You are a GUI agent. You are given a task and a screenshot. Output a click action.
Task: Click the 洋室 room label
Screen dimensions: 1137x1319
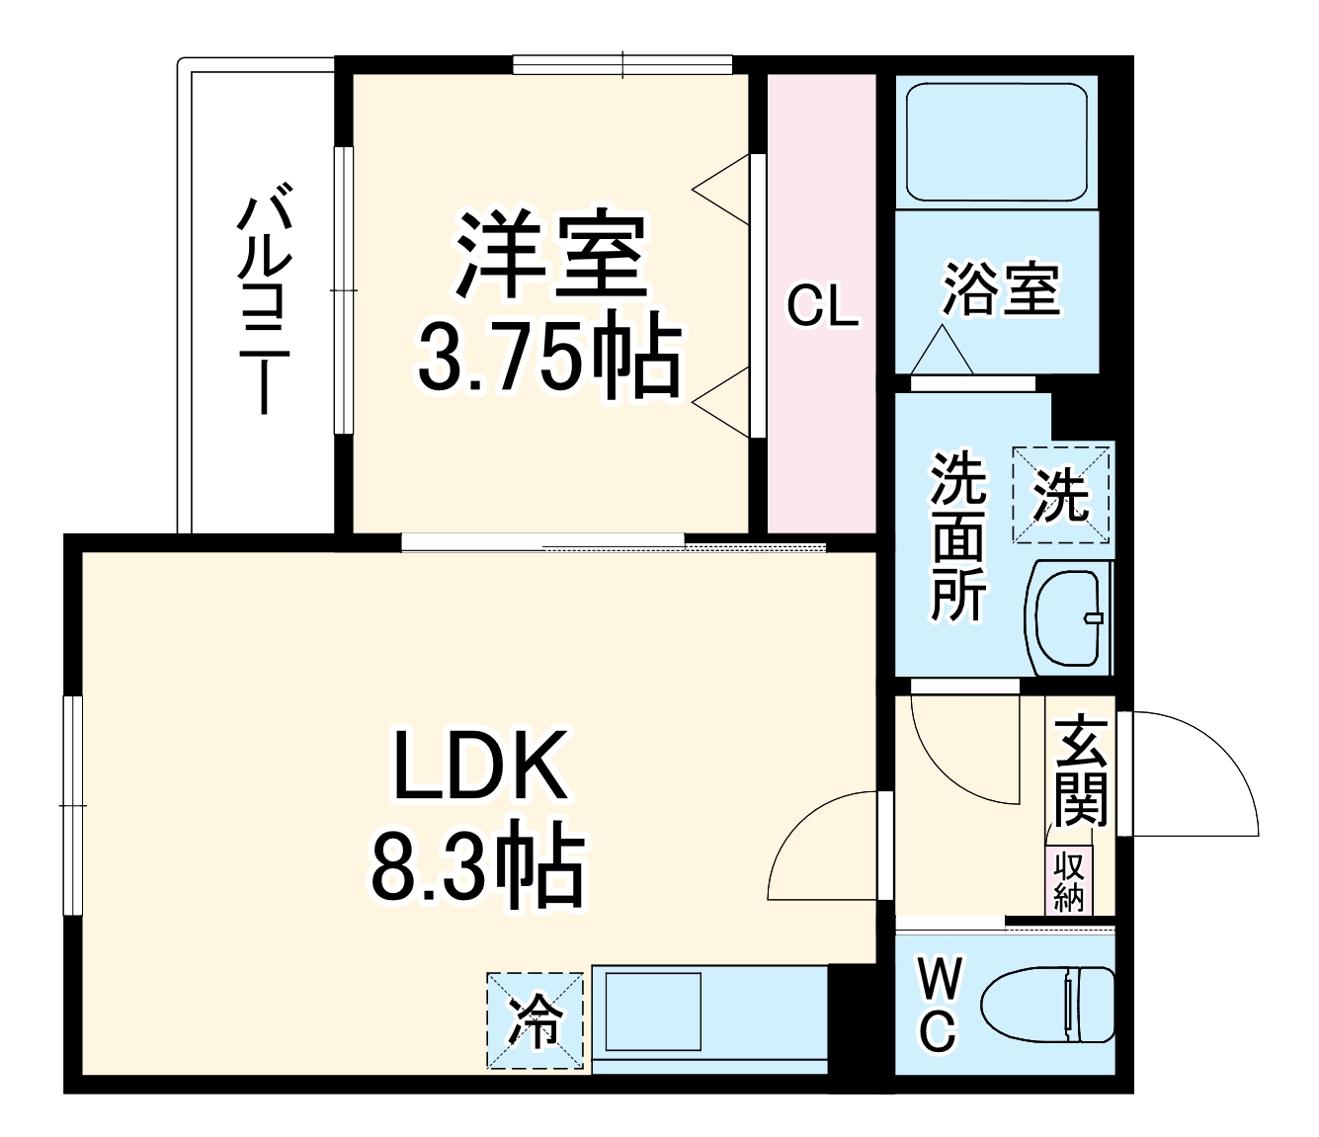550,256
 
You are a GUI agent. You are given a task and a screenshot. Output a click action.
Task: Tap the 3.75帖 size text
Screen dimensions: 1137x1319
549,355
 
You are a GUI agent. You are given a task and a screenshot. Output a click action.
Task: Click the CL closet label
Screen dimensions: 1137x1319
822,306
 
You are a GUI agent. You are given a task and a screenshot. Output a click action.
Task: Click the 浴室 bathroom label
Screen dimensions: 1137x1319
1000,288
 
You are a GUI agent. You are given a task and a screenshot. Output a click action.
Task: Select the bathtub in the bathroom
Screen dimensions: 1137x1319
996,142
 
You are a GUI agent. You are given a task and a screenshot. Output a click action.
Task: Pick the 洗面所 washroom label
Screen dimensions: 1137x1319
957,535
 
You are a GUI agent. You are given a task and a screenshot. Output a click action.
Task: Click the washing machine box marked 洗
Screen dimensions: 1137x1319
1060,494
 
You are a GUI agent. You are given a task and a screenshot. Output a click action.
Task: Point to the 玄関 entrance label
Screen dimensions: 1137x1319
1080,771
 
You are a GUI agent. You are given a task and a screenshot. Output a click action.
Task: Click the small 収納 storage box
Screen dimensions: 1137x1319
1069,881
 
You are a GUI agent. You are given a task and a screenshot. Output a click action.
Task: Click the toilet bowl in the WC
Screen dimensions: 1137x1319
1047,1005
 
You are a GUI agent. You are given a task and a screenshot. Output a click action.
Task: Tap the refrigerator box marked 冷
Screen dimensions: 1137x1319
535,1020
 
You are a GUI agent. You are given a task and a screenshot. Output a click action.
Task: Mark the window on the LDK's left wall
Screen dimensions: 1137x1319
72,805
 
